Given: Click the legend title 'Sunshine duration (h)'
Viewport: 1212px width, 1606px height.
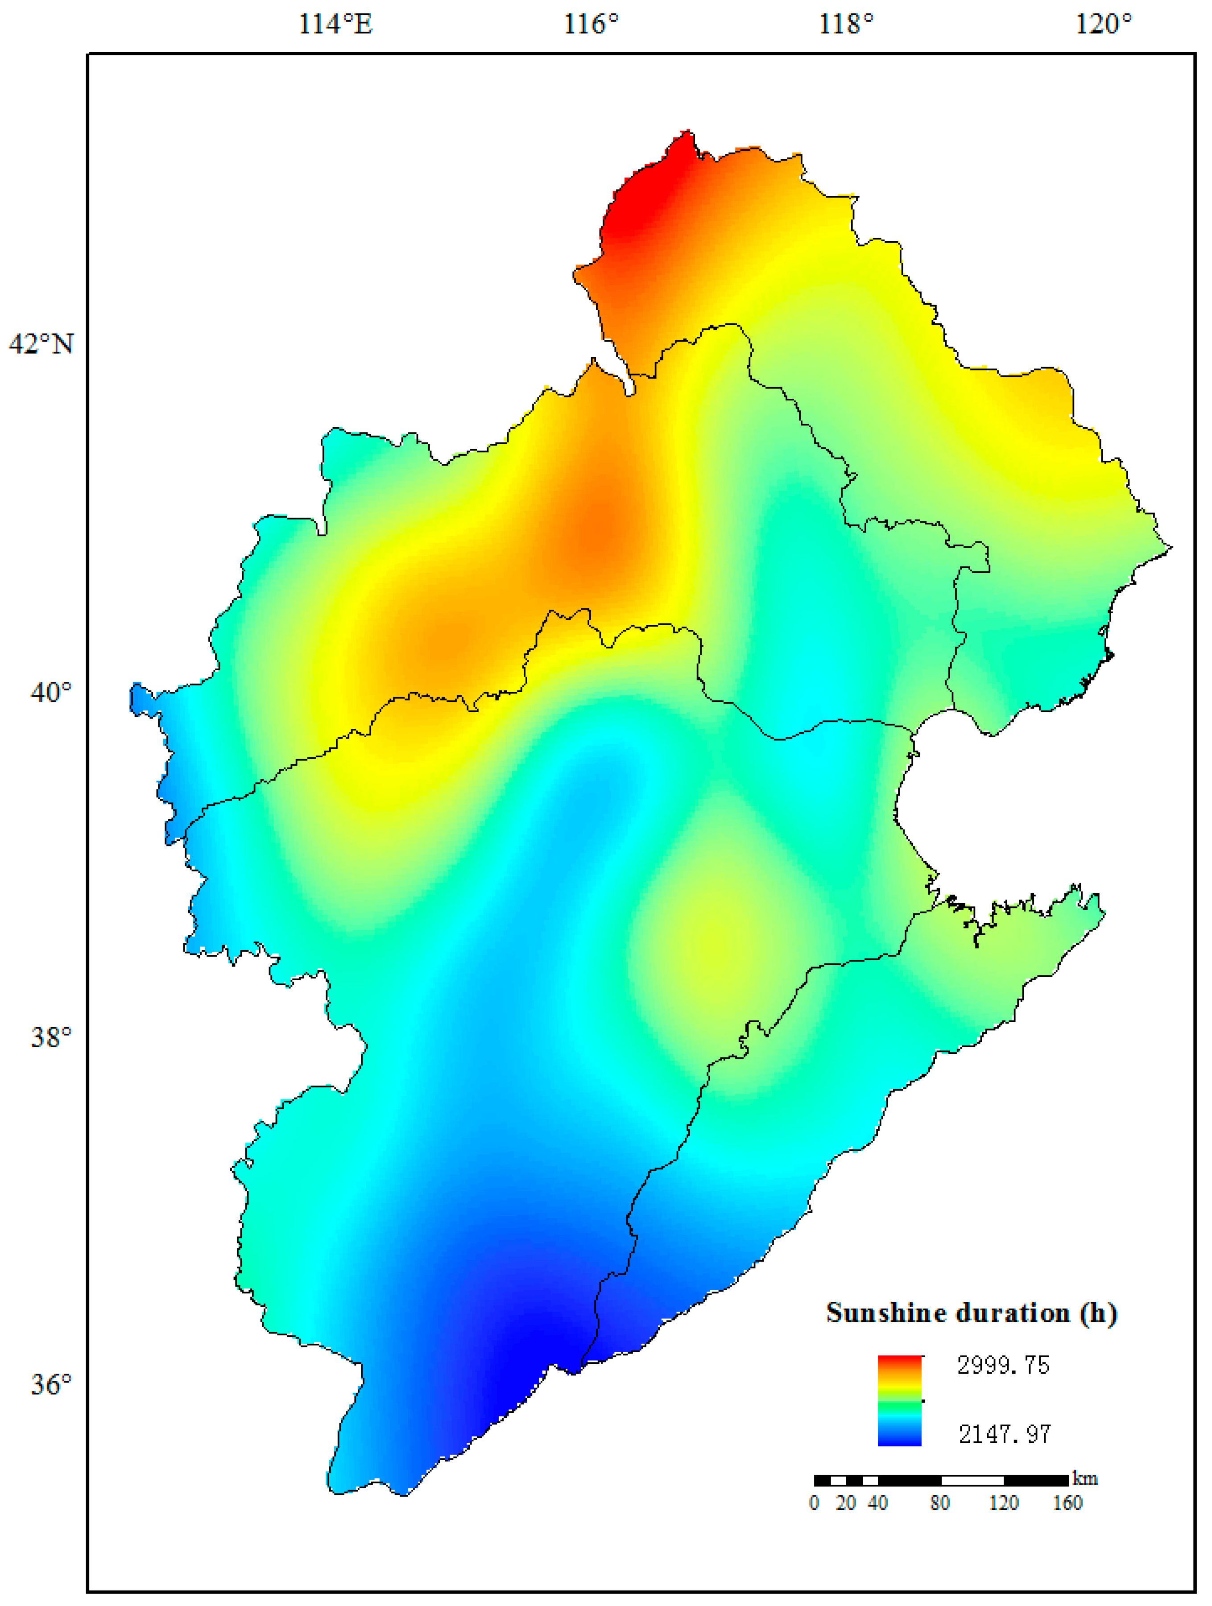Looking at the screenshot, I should pos(971,1313).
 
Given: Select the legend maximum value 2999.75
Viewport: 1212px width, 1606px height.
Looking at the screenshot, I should pos(1003,1366).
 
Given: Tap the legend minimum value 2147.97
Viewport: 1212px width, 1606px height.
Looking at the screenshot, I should pos(1004,1434).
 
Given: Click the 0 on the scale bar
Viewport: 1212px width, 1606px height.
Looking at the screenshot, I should pos(814,1503).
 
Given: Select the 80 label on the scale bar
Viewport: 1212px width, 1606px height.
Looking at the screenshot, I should pos(940,1503).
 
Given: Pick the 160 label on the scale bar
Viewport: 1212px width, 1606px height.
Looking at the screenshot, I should pos(1067,1503).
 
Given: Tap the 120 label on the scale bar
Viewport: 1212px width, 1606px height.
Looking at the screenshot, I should pos(1004,1503).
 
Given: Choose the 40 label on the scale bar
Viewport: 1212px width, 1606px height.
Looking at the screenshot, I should pos(877,1503).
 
